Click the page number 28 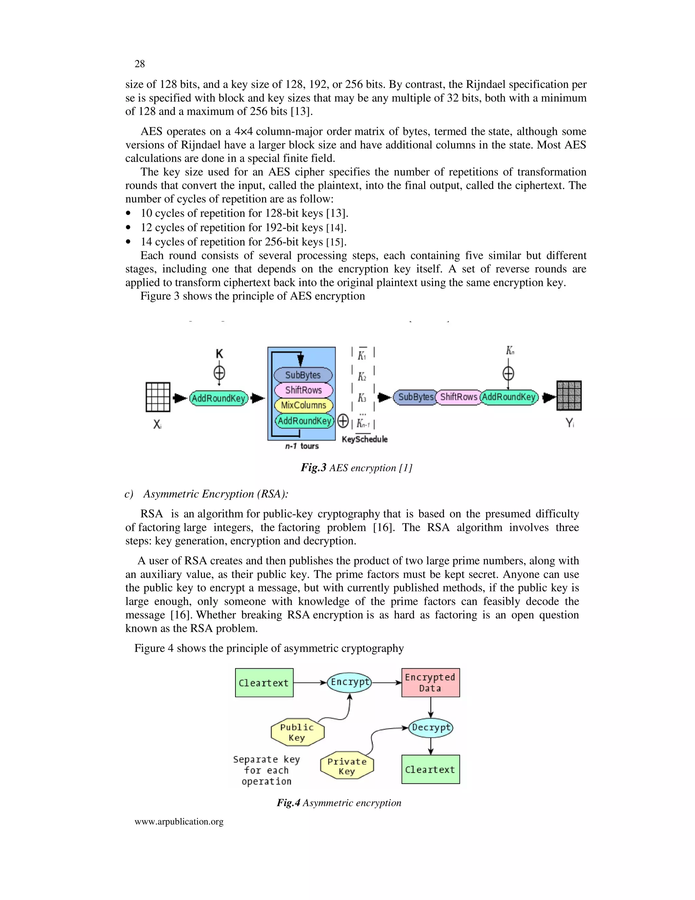click(x=139, y=64)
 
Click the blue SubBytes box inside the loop click(x=303, y=375)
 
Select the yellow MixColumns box click(x=303, y=406)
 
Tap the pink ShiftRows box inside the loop click(x=303, y=390)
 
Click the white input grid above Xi click(x=158, y=397)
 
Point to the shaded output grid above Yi click(x=569, y=396)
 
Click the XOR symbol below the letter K click(x=219, y=373)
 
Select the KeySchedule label click(x=364, y=439)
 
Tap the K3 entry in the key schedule click(x=362, y=398)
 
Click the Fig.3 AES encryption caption click(x=356, y=468)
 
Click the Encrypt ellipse click(x=350, y=682)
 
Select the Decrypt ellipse click(x=431, y=728)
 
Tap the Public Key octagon click(x=297, y=732)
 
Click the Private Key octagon click(x=347, y=766)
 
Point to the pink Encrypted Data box click(x=430, y=682)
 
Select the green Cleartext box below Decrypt click(x=430, y=769)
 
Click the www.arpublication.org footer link click(x=179, y=821)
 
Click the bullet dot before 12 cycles click(x=129, y=228)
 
